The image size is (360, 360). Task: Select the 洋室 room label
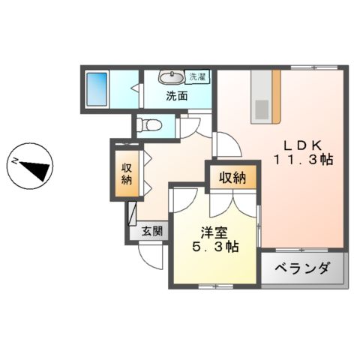(x=214, y=232)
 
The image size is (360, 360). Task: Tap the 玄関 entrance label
(x=151, y=232)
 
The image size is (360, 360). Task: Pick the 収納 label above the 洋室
(x=232, y=178)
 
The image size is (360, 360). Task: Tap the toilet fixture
(x=151, y=124)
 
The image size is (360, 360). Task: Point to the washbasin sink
(x=171, y=77)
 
